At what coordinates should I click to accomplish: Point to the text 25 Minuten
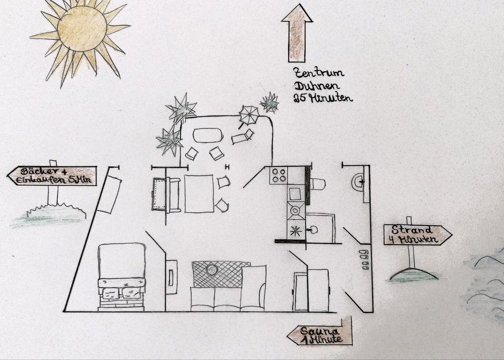pos(323,98)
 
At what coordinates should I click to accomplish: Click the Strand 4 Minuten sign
pos(417,235)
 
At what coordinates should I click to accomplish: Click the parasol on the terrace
pos(248,114)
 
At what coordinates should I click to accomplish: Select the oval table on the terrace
pos(208,135)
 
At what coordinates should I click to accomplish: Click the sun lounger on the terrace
pos(243,137)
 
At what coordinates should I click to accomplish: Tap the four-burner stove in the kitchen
pos(278,175)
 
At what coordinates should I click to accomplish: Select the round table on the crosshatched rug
pos(212,270)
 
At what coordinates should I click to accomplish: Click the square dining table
pos(199,193)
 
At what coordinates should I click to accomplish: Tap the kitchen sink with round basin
pos(295,211)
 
